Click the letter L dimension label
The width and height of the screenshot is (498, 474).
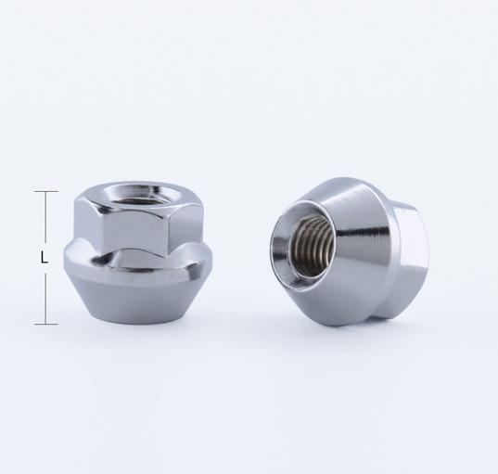(x=45, y=257)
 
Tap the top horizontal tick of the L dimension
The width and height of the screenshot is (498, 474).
(x=46, y=192)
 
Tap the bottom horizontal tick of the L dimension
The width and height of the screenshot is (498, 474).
(x=46, y=324)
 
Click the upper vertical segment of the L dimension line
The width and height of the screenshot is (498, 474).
(x=46, y=217)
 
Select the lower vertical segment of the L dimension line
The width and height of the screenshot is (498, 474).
(x=46, y=299)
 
